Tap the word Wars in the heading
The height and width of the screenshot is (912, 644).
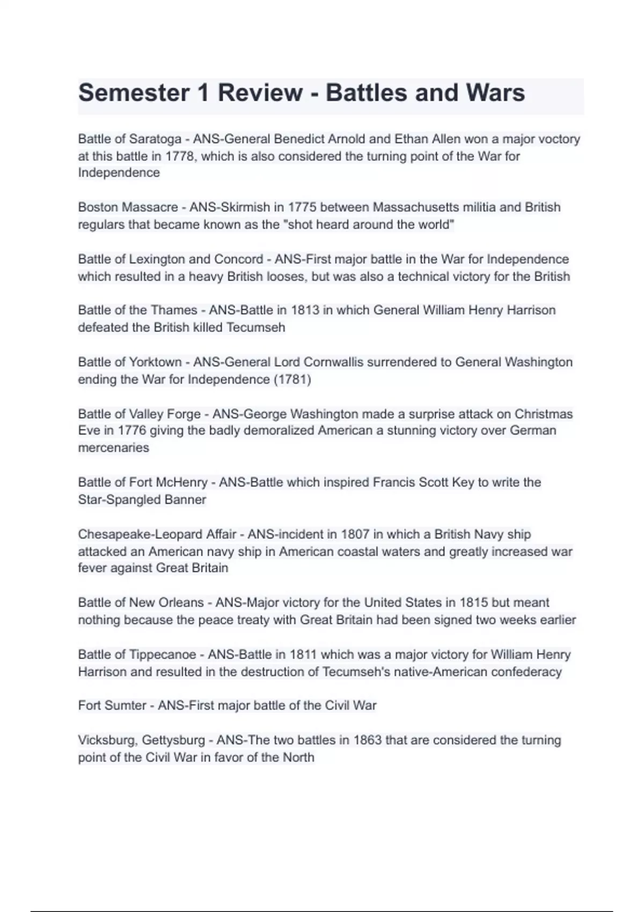pyautogui.click(x=495, y=93)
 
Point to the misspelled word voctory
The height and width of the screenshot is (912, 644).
pyautogui.click(x=559, y=139)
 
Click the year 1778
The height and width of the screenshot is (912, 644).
pyautogui.click(x=178, y=156)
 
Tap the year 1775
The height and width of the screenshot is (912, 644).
pyautogui.click(x=302, y=207)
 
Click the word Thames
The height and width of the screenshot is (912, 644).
pyautogui.click(x=174, y=310)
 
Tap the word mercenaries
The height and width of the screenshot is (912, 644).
pyautogui.click(x=114, y=447)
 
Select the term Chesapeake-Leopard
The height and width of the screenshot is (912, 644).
pyautogui.click(x=157, y=534)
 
